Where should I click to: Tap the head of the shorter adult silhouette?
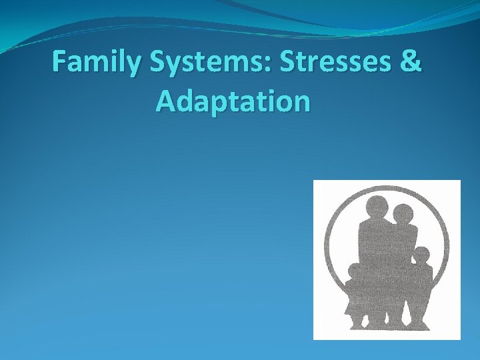402,215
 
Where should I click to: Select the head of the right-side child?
421,255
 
